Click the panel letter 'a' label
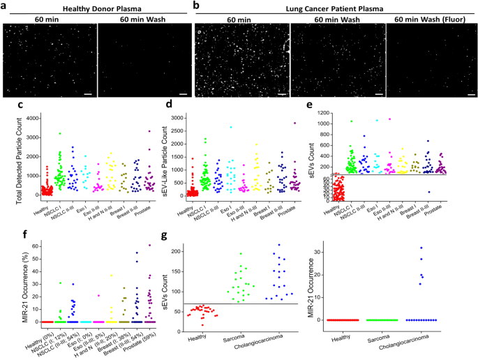pos(5,5)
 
